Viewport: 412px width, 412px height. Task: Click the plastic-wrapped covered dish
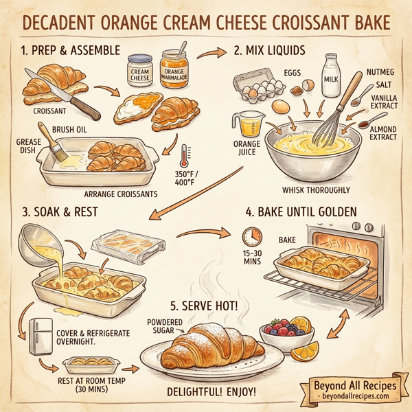pyautogui.click(x=123, y=244)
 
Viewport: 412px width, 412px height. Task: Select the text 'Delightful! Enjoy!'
pyautogui.click(x=213, y=392)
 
